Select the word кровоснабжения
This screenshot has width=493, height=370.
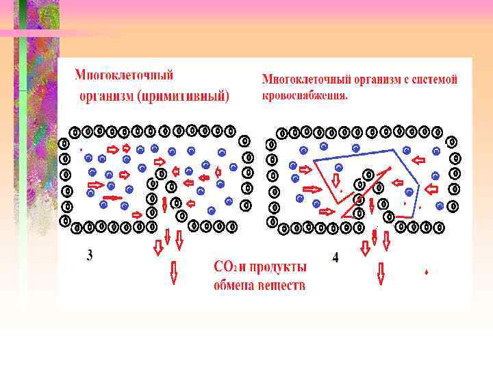305,95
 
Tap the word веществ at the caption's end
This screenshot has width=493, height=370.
281,284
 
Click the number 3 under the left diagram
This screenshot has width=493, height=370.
90,256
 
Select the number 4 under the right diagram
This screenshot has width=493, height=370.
335,258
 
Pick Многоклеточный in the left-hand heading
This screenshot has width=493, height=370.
123,74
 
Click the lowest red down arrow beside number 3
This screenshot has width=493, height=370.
173,273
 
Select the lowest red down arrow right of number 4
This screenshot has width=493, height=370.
381,273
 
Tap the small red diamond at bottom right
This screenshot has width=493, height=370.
427,272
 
